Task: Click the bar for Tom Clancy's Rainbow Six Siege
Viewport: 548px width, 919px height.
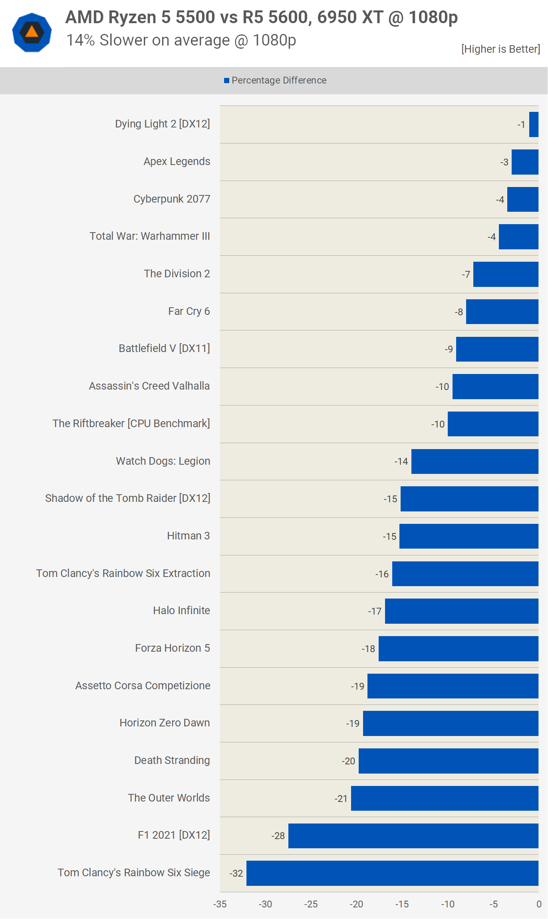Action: [392, 873]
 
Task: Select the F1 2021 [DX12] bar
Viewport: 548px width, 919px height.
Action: [413, 835]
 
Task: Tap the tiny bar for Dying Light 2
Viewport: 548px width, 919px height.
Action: [534, 124]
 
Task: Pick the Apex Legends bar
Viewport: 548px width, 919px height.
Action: [525, 162]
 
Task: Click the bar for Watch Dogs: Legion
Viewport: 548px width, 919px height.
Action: [475, 461]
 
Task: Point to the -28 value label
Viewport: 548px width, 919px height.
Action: [278, 836]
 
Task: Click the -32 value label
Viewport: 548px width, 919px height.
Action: [236, 873]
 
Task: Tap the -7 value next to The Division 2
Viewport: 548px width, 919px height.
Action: [466, 275]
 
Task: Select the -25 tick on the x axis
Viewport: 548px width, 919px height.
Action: [311, 904]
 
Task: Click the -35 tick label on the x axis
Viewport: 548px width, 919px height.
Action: [220, 904]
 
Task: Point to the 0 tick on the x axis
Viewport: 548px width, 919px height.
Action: [539, 904]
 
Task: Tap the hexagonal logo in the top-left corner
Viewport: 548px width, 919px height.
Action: [32, 32]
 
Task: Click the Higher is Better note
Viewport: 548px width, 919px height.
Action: [500, 49]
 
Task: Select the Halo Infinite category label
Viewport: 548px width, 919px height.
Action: [181, 611]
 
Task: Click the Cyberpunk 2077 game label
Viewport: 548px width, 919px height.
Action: [172, 199]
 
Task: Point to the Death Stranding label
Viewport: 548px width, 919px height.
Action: [172, 760]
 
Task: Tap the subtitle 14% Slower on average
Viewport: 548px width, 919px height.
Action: [181, 40]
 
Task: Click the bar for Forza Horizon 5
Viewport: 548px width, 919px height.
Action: [458, 648]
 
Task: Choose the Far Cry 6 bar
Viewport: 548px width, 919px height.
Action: [502, 312]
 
